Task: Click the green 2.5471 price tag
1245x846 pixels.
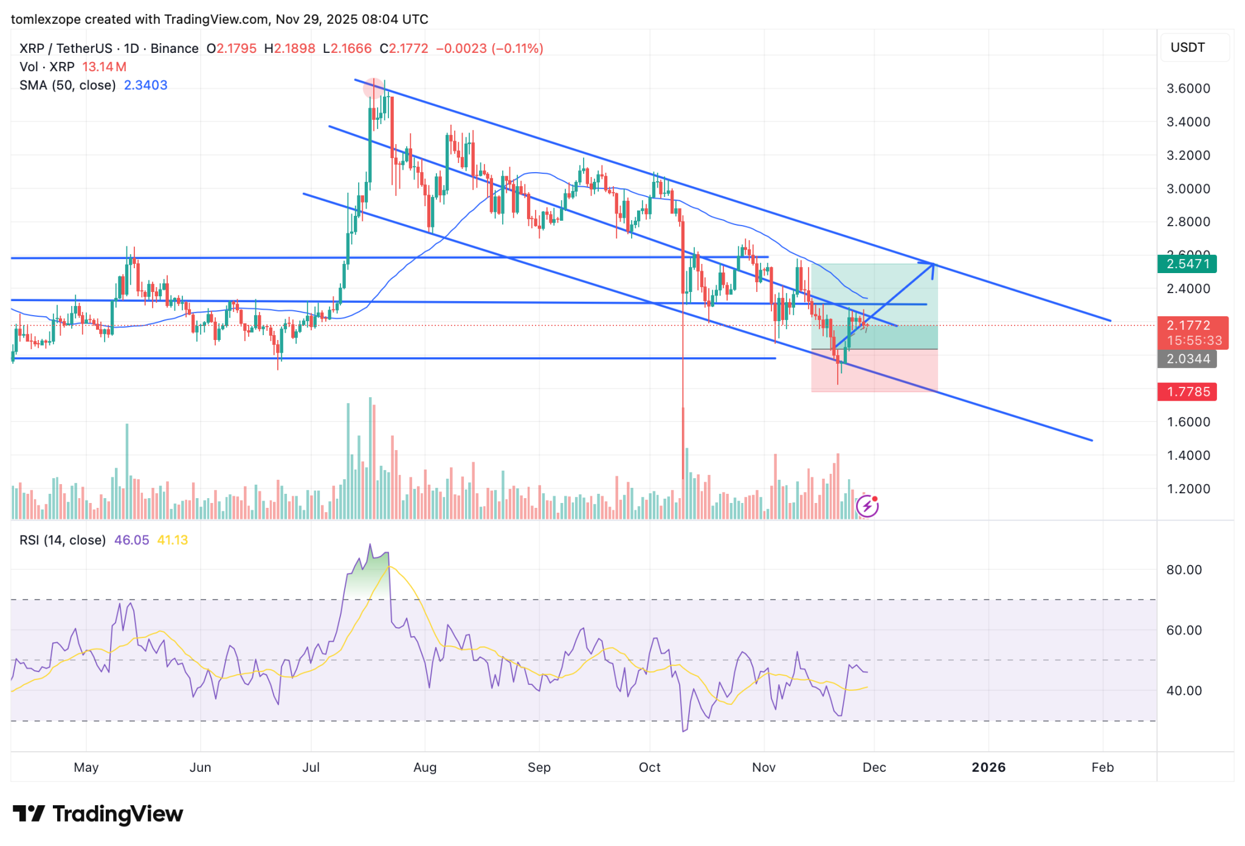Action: [x=1187, y=264]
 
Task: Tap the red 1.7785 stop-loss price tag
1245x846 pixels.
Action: [x=1187, y=392]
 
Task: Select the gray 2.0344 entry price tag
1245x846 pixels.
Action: [x=1187, y=359]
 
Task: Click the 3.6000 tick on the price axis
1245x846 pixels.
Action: [x=1188, y=88]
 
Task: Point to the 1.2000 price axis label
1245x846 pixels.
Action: [x=1188, y=488]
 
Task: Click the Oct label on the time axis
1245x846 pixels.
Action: [x=649, y=767]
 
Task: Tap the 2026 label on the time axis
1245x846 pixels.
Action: [x=988, y=767]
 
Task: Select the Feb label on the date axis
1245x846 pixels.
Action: [x=1102, y=767]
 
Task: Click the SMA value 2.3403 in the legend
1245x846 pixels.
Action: [x=145, y=85]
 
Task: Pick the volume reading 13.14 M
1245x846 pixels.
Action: [x=104, y=67]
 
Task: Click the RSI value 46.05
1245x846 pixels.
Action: [x=131, y=540]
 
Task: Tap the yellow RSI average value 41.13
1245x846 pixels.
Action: [x=173, y=540]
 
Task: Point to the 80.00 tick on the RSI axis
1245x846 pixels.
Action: [x=1184, y=570]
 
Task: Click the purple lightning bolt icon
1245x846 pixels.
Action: [x=867, y=506]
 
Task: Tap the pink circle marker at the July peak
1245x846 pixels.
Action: [x=373, y=88]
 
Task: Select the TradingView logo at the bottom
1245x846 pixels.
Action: [x=97, y=814]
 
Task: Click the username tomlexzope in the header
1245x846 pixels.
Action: [x=46, y=19]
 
